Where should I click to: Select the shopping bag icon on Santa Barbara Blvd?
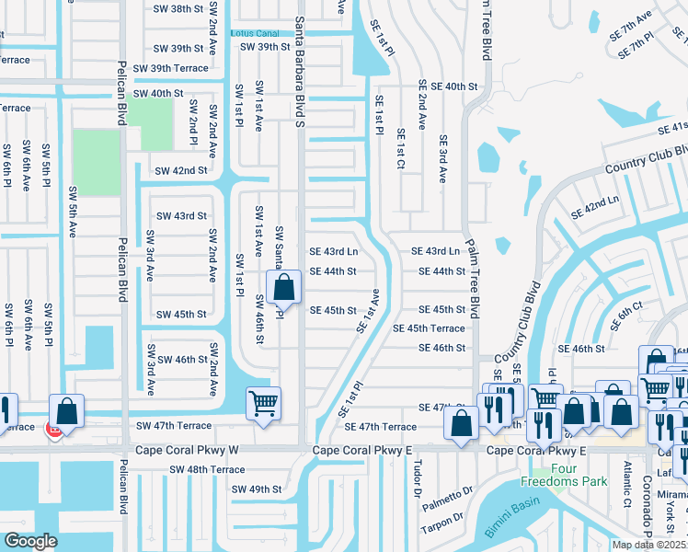pyautogui.click(x=284, y=286)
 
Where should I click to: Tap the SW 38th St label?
pyautogui.click(x=178, y=8)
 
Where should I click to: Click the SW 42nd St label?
pyautogui.click(x=180, y=170)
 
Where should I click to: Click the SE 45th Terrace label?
pyautogui.click(x=429, y=328)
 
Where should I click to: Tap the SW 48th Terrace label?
pyautogui.click(x=207, y=469)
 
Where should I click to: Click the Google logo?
pyautogui.click(x=30, y=541)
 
